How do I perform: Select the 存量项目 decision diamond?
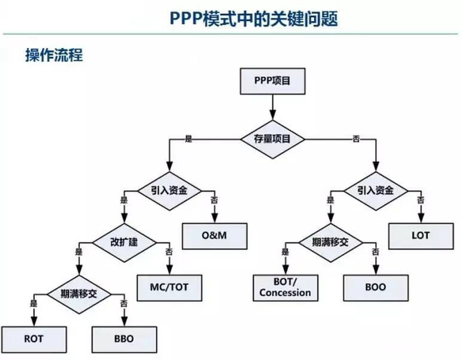272,138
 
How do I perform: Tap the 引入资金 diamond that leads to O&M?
168,191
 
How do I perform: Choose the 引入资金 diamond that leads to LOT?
375,191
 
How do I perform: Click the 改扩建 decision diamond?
123,241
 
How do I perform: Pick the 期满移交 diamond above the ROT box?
78,293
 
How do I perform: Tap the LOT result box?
420,235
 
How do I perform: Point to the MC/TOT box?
169,286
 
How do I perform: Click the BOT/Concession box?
285,287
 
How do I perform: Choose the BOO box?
376,287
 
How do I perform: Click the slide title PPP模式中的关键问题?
250,19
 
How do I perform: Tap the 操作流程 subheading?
53,55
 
